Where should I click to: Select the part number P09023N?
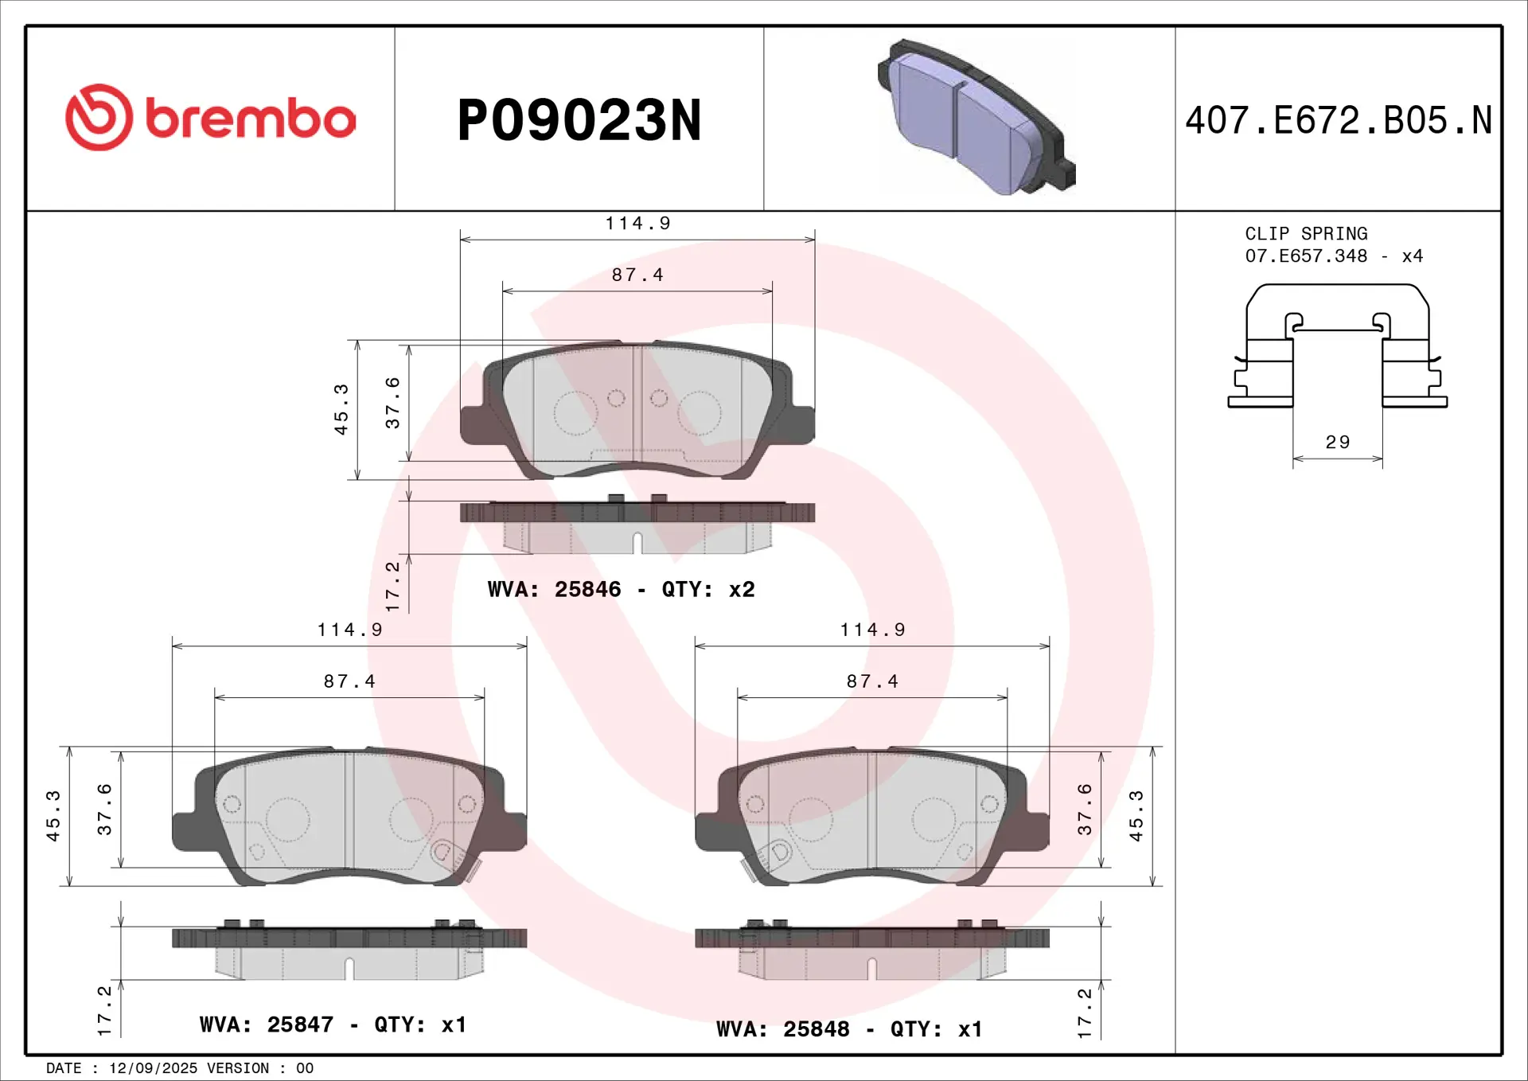pyautogui.click(x=579, y=120)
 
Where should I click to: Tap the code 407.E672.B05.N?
pyautogui.click(x=1338, y=120)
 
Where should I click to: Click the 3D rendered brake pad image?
pyautogui.click(x=976, y=117)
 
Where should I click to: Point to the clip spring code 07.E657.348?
pyautogui.click(x=1306, y=256)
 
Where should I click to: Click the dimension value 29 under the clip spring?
pyautogui.click(x=1337, y=442)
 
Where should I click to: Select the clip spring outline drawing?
pyautogui.click(x=1337, y=346)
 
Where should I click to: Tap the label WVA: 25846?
pyautogui.click(x=554, y=589)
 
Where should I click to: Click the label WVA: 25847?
pyautogui.click(x=266, y=1024)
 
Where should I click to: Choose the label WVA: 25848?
pyautogui.click(x=782, y=1029)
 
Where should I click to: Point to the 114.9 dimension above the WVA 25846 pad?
pyautogui.click(x=637, y=224)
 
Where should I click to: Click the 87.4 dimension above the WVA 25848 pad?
pyautogui.click(x=872, y=681)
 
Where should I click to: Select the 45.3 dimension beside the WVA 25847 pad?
pyautogui.click(x=53, y=816)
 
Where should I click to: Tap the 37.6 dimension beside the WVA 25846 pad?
pyautogui.click(x=392, y=403)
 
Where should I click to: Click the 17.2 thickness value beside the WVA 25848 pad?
pyautogui.click(x=1084, y=1013)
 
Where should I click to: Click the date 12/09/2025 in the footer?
pyautogui.click(x=153, y=1068)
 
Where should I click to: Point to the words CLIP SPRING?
pyautogui.click(x=1306, y=234)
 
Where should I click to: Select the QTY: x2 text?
pyautogui.click(x=707, y=589)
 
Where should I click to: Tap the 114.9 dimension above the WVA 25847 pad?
pyautogui.click(x=349, y=630)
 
